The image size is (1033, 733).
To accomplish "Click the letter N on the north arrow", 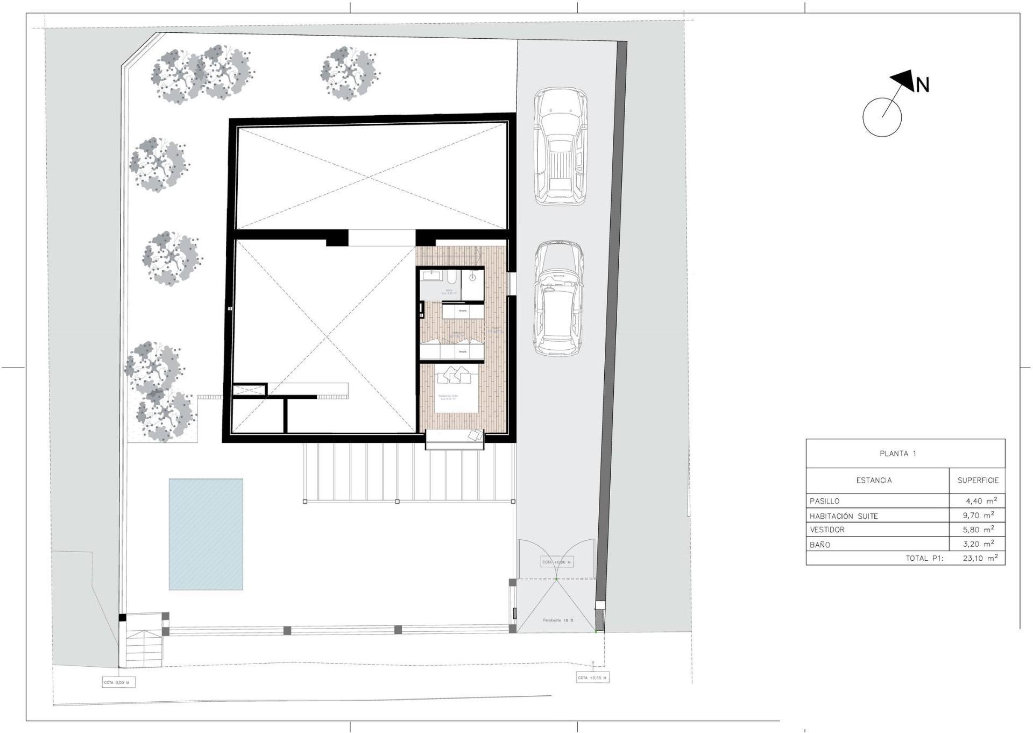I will [923, 85].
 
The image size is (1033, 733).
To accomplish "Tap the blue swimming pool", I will [206, 534].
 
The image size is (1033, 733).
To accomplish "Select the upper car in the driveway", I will [560, 146].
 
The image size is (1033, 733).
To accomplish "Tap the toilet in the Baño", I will [452, 278].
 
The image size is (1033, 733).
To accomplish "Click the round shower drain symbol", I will [472, 278].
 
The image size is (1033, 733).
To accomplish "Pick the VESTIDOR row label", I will [827, 530].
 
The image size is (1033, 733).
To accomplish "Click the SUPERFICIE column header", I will [978, 481].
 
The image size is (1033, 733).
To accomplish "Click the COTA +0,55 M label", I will [592, 678].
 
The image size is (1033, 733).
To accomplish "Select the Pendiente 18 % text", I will [558, 620].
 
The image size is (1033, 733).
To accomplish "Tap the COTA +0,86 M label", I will [556, 562].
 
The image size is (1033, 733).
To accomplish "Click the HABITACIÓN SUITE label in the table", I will [844, 516].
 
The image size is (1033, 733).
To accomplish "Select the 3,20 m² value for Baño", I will [980, 544].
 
